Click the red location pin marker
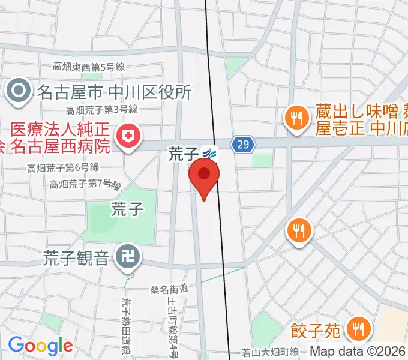pyautogui.click(x=204, y=175)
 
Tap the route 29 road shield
pyautogui.click(x=242, y=145)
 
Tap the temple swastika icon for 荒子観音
pyautogui.click(x=128, y=258)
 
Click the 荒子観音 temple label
pyautogui.click(x=76, y=258)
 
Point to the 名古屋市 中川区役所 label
pyautogui.click(x=114, y=92)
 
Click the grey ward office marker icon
pyautogui.click(x=19, y=91)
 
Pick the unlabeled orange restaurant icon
pyautogui.click(x=298, y=230)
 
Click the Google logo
pyautogui.click(x=40, y=346)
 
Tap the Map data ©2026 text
pyautogui.click(x=358, y=352)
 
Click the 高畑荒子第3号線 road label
pyautogui.click(x=103, y=110)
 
